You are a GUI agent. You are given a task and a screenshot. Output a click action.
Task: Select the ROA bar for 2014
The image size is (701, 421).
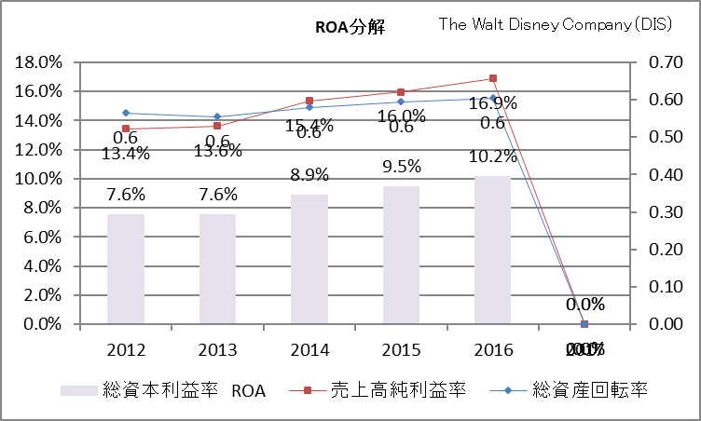point(309,259)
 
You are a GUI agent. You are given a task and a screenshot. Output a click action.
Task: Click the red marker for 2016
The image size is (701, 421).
point(493,78)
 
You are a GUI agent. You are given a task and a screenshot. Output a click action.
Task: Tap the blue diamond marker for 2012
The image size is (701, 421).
point(126,113)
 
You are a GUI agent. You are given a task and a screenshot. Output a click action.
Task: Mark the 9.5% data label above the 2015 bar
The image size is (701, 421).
point(401,167)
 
